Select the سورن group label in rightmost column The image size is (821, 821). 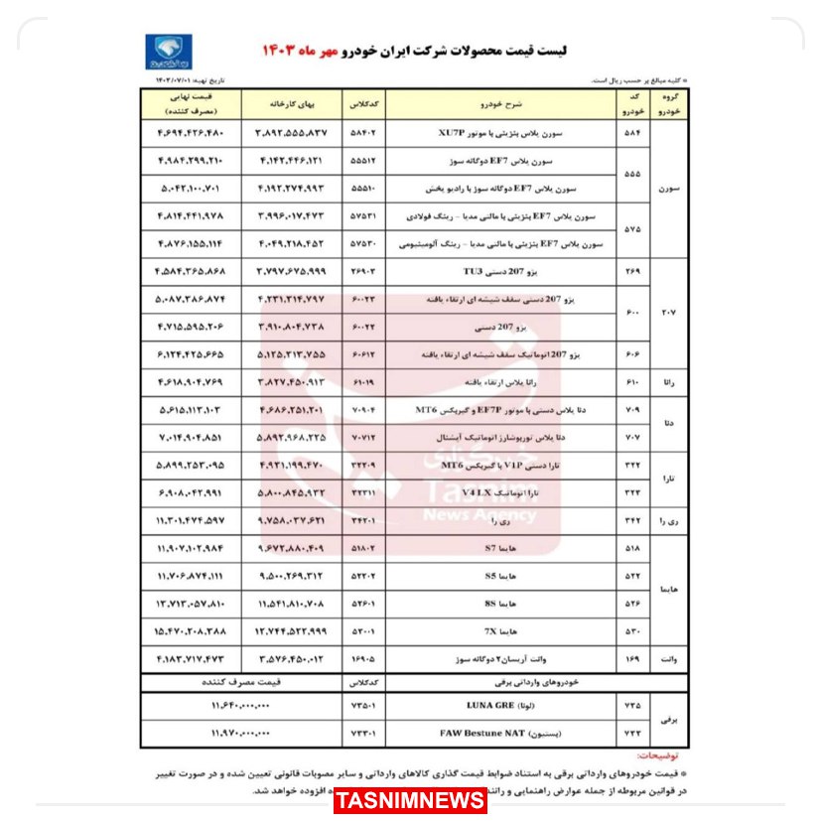[x=668, y=186]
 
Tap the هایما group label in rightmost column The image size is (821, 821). [x=668, y=589]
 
